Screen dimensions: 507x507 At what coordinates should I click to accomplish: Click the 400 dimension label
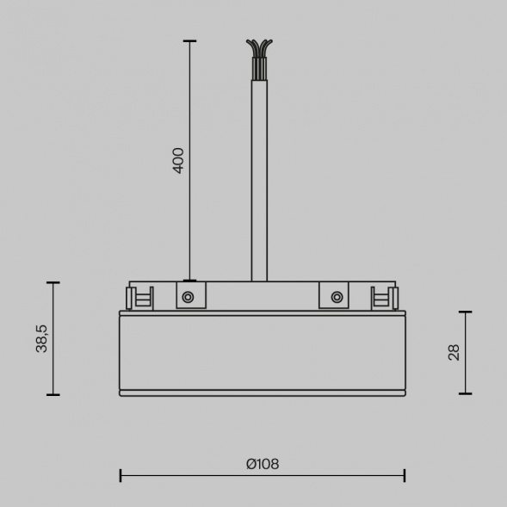(x=178, y=160)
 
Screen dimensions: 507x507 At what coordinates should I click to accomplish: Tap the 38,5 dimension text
(x=41, y=338)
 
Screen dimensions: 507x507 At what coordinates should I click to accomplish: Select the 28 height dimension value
(x=454, y=351)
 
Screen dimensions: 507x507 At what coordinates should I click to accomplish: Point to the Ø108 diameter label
(x=262, y=464)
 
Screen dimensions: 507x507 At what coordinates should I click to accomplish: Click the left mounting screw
(x=188, y=297)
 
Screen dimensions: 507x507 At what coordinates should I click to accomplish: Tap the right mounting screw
(x=336, y=297)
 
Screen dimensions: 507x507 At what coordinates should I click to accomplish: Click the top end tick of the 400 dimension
(x=190, y=40)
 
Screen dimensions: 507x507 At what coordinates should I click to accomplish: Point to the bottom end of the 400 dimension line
(x=190, y=280)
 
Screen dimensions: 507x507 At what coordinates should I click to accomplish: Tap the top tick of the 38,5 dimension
(x=53, y=282)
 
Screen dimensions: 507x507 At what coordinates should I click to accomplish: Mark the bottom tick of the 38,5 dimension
(x=53, y=394)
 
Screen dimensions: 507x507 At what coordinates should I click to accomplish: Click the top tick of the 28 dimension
(x=466, y=312)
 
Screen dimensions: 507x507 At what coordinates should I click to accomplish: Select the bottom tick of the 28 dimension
(x=466, y=393)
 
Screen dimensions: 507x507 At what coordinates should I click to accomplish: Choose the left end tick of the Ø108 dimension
(x=121, y=475)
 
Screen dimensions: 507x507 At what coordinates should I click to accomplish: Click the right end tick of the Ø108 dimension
(x=405, y=475)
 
